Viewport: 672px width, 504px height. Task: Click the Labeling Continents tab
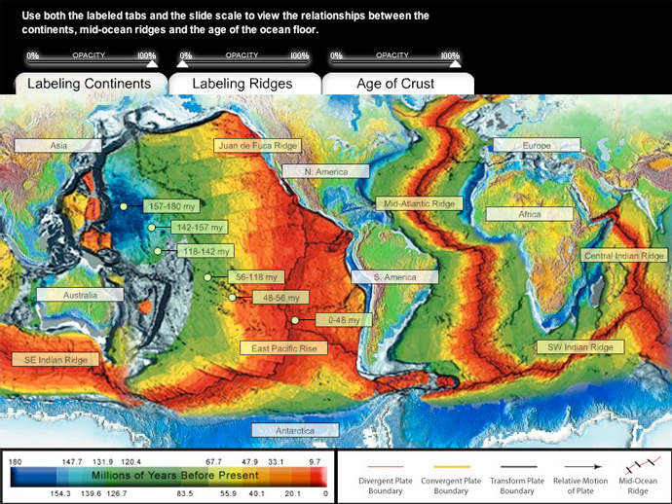(89, 84)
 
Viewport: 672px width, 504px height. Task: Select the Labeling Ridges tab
(243, 84)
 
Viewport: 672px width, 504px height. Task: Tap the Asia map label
(57, 145)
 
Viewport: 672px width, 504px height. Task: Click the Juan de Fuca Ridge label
(257, 145)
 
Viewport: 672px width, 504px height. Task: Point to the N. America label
(325, 171)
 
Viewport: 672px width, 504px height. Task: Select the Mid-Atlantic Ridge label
(420, 204)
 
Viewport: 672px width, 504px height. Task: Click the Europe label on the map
(537, 145)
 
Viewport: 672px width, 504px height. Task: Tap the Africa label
(529, 214)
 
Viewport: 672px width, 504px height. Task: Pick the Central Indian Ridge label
(624, 255)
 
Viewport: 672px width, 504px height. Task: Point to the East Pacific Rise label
(283, 347)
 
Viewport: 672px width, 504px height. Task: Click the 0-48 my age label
(344, 319)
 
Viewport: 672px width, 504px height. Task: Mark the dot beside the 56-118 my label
(207, 278)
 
